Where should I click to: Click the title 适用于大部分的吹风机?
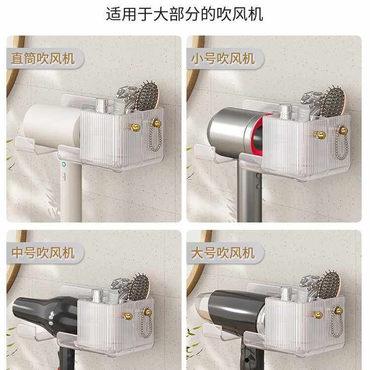(185, 13)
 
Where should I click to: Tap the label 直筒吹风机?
(43, 59)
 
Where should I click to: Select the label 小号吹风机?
(223, 59)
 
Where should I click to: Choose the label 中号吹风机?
(43, 254)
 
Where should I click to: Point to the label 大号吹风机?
(223, 254)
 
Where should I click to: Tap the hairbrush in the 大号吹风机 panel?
(329, 285)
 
